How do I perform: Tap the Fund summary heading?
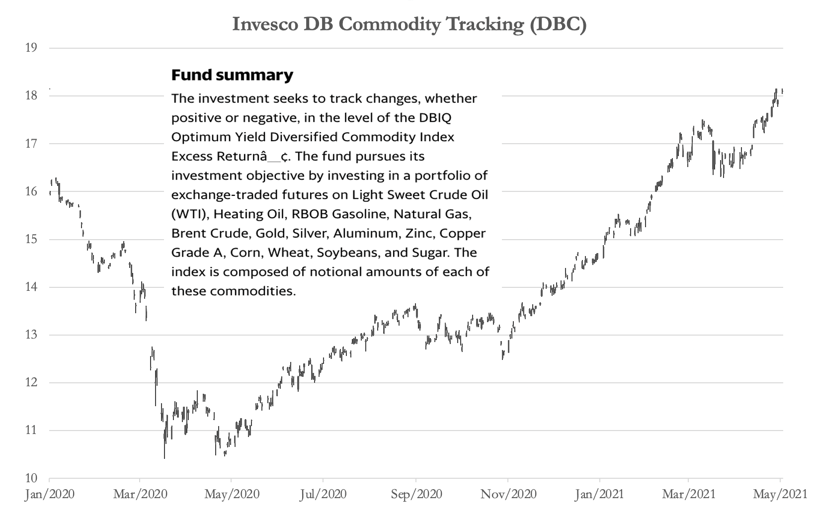pyautogui.click(x=232, y=76)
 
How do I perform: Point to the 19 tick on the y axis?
pyautogui.click(x=31, y=48)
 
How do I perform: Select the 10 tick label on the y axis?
pyautogui.click(x=31, y=478)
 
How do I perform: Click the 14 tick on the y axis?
pyautogui.click(x=31, y=287)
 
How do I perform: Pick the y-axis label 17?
pyautogui.click(x=31, y=144)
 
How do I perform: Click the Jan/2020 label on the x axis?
pyautogui.click(x=50, y=494)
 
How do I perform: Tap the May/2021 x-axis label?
pyautogui.click(x=780, y=494)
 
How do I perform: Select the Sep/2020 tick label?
pyautogui.click(x=416, y=494)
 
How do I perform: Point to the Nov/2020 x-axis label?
pyautogui.click(x=508, y=494)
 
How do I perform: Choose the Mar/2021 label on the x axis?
pyautogui.click(x=689, y=494)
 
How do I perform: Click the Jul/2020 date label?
pyautogui.click(x=324, y=494)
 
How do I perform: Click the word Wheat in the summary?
pyautogui.click(x=286, y=253)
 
